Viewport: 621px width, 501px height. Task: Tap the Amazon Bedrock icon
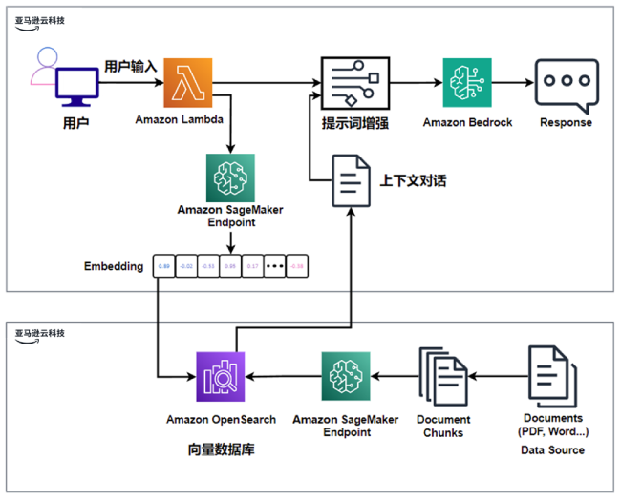[467, 82]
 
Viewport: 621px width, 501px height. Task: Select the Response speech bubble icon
[566, 83]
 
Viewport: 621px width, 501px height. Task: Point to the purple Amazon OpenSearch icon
[221, 376]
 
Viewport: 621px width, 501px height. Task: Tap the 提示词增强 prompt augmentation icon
[350, 83]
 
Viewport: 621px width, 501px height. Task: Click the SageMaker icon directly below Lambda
[230, 177]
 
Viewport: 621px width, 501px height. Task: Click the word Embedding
[114, 265]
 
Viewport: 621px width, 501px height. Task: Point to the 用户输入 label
[130, 66]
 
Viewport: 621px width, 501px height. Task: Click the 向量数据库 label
[221, 448]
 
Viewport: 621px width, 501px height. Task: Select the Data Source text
[552, 449]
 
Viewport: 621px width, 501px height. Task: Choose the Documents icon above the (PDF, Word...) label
[552, 376]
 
